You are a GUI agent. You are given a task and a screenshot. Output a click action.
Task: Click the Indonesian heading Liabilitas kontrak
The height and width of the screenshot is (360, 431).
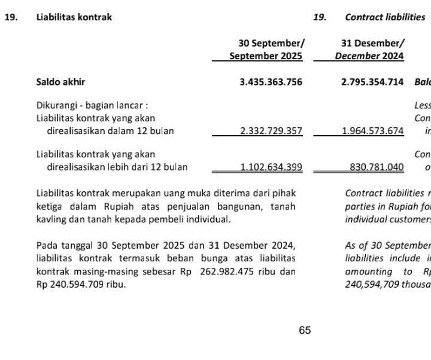74,17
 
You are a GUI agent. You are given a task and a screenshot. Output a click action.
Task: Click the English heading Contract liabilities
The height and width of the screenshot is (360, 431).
385,17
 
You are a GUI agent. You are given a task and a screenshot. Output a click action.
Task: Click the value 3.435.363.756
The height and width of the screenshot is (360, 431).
271,83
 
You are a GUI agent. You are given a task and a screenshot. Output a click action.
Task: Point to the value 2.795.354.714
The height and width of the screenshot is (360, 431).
372,83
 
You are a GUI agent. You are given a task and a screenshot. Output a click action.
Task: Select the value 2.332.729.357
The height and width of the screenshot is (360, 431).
271,131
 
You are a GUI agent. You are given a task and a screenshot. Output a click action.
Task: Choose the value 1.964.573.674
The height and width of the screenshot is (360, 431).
372,131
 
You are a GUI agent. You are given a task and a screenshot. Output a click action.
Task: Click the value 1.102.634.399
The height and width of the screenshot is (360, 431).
271,167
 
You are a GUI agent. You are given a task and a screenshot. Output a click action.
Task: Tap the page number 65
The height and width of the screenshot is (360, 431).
305,330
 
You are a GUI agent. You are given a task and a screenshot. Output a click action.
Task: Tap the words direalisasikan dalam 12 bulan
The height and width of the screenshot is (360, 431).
110,131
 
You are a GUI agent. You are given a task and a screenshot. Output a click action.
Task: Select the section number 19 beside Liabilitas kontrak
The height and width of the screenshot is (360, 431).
10,17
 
